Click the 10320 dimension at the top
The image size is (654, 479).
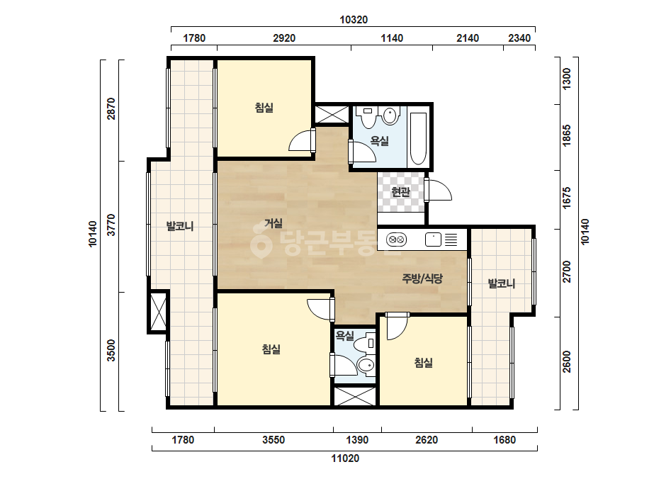click(x=354, y=20)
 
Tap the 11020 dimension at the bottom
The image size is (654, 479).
click(x=345, y=458)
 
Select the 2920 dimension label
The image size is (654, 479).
click(x=284, y=38)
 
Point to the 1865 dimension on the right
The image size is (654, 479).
click(x=566, y=135)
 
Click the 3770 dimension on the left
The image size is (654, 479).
click(x=111, y=225)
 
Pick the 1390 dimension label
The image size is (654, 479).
click(x=357, y=440)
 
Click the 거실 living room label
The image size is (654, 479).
click(x=274, y=223)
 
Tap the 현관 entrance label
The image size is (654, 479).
click(x=400, y=192)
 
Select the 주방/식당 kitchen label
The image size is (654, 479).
click(x=422, y=278)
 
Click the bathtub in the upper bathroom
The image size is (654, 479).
click(x=418, y=138)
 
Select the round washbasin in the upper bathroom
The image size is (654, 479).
click(x=390, y=116)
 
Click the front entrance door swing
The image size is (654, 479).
click(x=439, y=191)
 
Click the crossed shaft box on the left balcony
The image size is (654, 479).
click(x=158, y=312)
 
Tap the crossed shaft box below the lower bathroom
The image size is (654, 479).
click(x=354, y=396)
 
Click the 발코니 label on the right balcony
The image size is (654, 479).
click(x=502, y=283)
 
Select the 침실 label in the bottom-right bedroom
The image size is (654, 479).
click(x=423, y=362)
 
